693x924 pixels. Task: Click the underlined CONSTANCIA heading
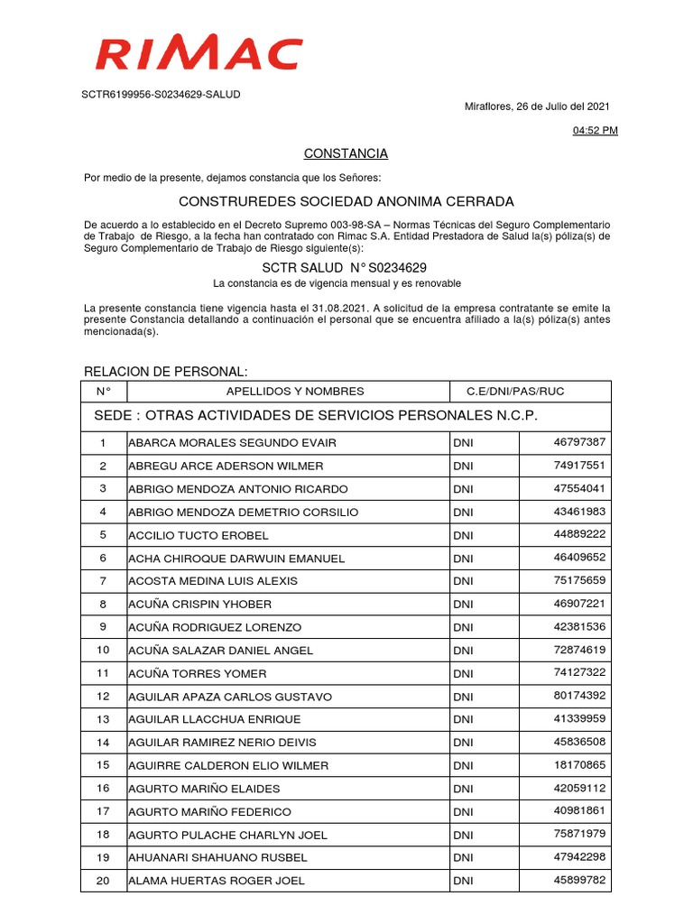point(346,153)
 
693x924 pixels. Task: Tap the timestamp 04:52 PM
point(596,131)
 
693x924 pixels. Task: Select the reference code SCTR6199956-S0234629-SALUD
point(162,94)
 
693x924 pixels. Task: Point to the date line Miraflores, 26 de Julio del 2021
point(537,106)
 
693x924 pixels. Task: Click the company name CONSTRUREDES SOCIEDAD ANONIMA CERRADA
point(346,201)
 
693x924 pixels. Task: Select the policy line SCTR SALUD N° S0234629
point(344,268)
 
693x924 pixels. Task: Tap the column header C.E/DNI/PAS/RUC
point(515,392)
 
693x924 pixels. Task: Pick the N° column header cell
point(103,392)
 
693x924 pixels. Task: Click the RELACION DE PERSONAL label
point(165,373)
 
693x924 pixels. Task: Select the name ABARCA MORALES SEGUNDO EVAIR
point(226,443)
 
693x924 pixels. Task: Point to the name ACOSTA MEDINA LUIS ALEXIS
point(213,581)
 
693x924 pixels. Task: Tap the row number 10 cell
point(103,651)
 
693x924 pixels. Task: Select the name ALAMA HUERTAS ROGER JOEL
point(217,882)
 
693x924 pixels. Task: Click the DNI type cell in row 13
point(463,720)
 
